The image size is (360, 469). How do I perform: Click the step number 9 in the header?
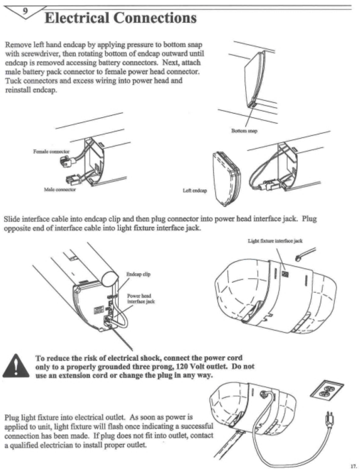coord(25,10)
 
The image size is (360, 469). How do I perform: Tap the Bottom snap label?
coord(244,131)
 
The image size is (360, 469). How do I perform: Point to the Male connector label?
coord(60,190)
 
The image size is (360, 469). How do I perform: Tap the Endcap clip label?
coord(138,274)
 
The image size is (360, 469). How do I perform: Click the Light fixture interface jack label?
coord(275,241)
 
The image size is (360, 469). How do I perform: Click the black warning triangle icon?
coord(16,367)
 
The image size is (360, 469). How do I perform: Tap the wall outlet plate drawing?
coord(326,393)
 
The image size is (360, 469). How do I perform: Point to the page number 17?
coord(353,466)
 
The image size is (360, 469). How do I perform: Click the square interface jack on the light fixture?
coord(285,274)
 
